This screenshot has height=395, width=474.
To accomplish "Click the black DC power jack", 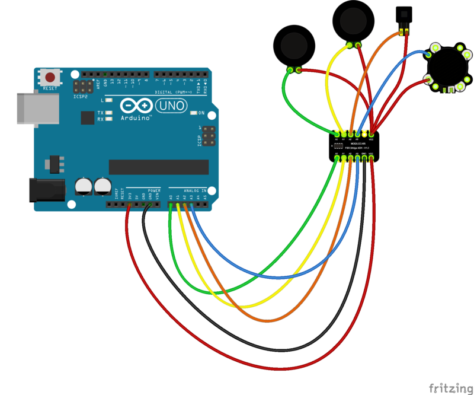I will [x=46, y=189].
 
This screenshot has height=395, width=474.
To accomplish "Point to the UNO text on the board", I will [x=172, y=106].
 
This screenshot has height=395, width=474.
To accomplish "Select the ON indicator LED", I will [x=194, y=113].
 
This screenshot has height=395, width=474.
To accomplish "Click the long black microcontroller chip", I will [x=159, y=167].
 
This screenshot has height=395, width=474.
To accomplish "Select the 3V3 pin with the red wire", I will [x=129, y=205].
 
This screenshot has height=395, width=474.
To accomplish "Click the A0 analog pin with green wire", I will [x=171, y=205].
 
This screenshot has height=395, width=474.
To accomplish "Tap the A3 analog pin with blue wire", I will [x=192, y=205].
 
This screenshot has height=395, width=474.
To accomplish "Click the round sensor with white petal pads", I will [x=447, y=66].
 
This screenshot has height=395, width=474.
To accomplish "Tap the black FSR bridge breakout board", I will [x=354, y=145].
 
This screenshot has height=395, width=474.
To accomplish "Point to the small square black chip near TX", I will [x=87, y=118].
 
